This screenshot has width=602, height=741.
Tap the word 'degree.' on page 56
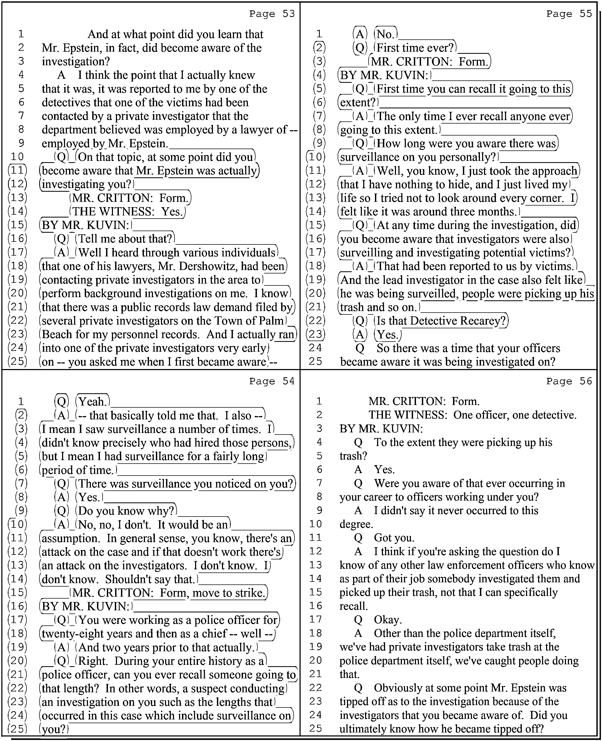[356, 524]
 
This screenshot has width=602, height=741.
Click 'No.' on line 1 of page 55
[386, 34]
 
